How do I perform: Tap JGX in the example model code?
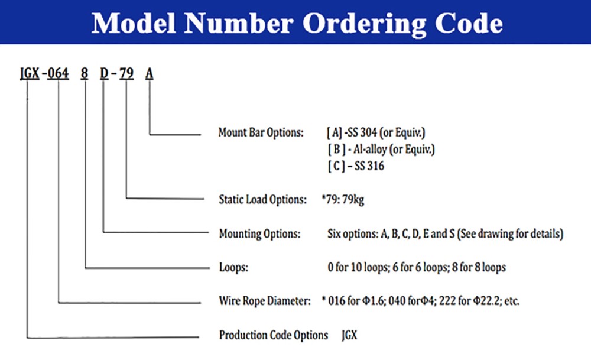click(x=30, y=73)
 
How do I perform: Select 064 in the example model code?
click(x=58, y=73)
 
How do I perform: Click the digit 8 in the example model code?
click(x=85, y=73)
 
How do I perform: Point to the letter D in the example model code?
click(x=104, y=73)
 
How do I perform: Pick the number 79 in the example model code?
click(x=126, y=73)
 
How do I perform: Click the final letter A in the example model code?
click(x=150, y=73)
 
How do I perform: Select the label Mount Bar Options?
click(x=261, y=132)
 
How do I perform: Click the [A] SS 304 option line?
click(x=376, y=132)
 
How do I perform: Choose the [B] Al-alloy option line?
click(x=381, y=150)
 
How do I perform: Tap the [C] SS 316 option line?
click(x=356, y=166)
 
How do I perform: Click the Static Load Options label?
click(x=263, y=199)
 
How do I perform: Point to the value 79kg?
click(x=353, y=200)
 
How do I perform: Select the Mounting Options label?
click(x=259, y=233)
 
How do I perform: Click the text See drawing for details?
click(x=511, y=233)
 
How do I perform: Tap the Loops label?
click(x=233, y=268)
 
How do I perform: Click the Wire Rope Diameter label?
click(x=265, y=301)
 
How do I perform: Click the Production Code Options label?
click(x=274, y=335)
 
